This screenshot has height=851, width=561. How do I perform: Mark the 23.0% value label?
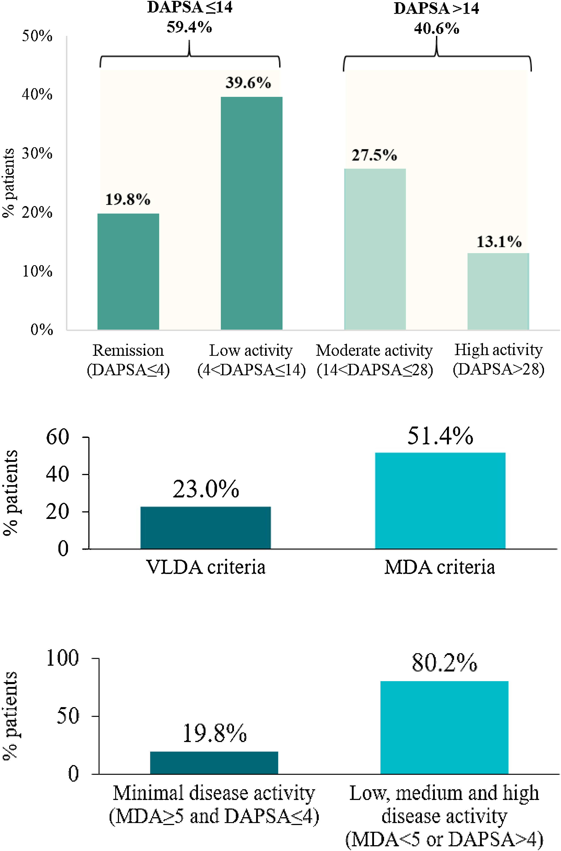coord(206,489)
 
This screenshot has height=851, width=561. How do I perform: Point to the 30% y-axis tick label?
coord(37,154)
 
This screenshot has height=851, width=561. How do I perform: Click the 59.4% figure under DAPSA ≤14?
coord(189,27)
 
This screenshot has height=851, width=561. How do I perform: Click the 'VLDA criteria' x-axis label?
coord(206,567)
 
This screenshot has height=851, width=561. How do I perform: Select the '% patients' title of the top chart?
coord(8,183)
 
